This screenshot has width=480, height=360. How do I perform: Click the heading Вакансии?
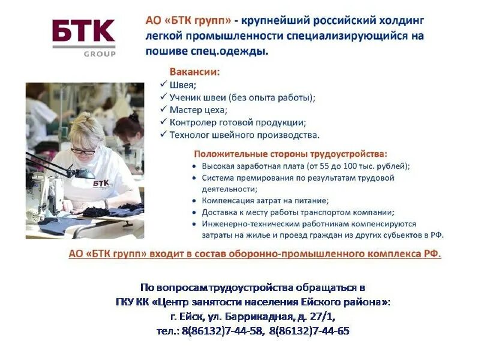[x=195, y=72]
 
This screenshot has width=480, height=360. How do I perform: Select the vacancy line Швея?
[x=183, y=85]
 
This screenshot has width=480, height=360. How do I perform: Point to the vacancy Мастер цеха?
[x=199, y=110]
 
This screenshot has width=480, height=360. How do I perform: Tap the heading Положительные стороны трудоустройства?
[x=290, y=154]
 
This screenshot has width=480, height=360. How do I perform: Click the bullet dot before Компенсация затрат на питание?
[x=195, y=201]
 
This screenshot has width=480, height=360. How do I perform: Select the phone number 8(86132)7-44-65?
[x=310, y=331]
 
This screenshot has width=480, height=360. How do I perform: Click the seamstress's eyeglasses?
[x=83, y=151]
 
